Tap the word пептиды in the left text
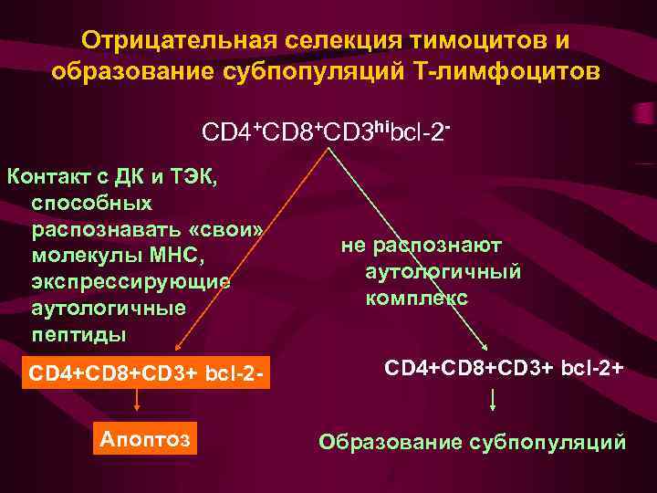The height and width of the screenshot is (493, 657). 79,334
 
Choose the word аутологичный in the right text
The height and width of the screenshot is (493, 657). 443,271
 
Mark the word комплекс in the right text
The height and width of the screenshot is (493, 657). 416,298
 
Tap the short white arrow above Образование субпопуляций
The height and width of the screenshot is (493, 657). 494,400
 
